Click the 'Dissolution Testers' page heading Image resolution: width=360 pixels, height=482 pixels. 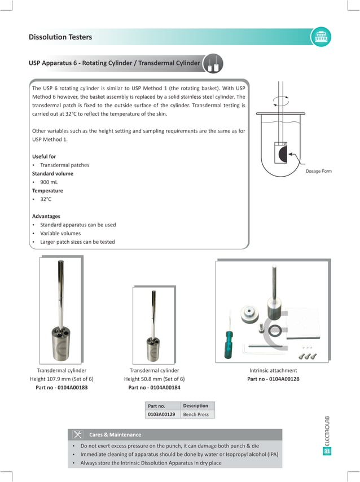60,37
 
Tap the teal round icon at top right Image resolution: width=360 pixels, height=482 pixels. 321,37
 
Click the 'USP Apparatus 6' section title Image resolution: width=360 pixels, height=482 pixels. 115,63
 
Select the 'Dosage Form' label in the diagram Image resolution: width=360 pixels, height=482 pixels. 318,171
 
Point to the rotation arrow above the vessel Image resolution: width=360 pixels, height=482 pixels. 280,101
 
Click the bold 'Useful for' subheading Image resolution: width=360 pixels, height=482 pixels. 44,156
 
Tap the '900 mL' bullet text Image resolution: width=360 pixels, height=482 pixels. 49,182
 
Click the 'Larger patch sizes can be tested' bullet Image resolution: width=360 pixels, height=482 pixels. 77,242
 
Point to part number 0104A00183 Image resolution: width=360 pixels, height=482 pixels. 62,388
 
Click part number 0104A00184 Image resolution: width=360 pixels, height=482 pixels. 154,388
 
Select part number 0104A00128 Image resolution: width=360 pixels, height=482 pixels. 273,379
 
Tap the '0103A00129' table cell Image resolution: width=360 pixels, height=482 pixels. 161,414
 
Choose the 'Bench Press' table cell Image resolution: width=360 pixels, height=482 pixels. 196,414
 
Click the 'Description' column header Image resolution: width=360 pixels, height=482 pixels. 195,406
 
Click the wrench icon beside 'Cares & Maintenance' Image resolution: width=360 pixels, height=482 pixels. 78,435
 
